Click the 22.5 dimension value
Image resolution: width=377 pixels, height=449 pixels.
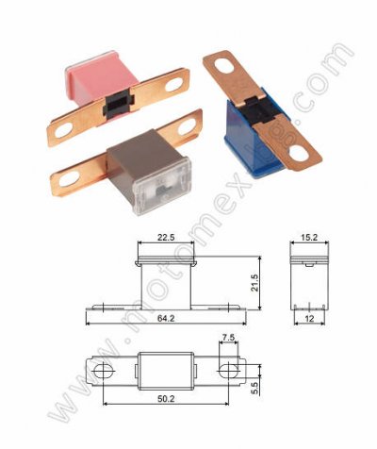pyautogui.click(x=166, y=238)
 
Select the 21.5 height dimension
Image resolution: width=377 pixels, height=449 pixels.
pyautogui.click(x=254, y=283)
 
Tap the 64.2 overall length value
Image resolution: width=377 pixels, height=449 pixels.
pyautogui.click(x=166, y=319)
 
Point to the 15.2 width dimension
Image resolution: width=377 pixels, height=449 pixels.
pyautogui.click(x=309, y=238)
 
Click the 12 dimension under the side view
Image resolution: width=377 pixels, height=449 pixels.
pyautogui.click(x=309, y=319)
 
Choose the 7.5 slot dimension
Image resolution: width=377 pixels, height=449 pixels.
pyautogui.click(x=228, y=338)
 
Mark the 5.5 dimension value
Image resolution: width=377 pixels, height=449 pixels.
pyautogui.click(x=254, y=388)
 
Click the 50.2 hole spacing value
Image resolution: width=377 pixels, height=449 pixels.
pyautogui.click(x=166, y=399)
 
